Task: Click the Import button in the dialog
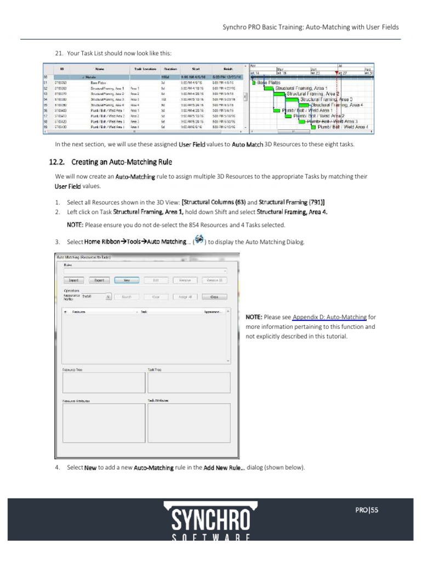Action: [x=73, y=280]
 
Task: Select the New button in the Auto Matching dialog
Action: [x=127, y=280]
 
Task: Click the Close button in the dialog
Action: [x=214, y=296]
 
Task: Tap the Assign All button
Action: [x=185, y=296]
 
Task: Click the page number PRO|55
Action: [x=367, y=510]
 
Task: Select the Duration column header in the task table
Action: [x=169, y=69]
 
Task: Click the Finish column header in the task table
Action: [x=228, y=69]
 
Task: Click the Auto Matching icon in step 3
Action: [x=199, y=241]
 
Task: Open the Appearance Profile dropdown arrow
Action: [x=109, y=296]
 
